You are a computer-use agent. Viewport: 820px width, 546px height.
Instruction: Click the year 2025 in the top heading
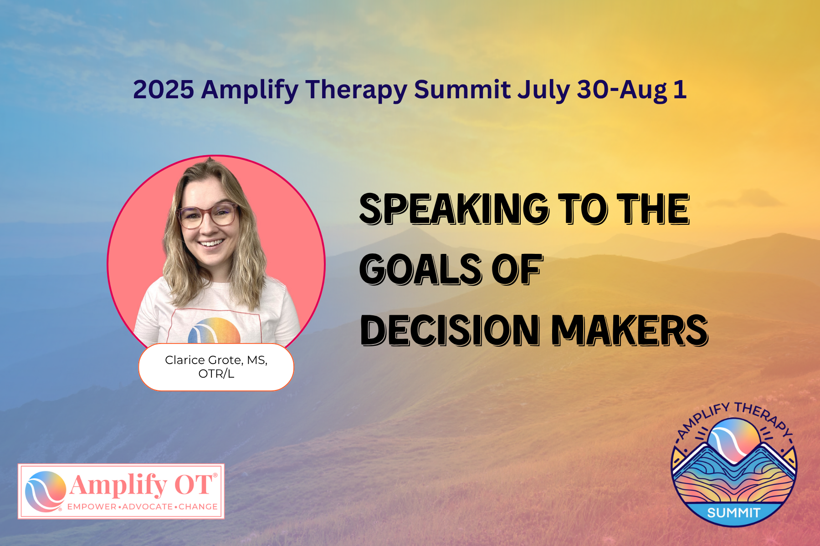[164, 90]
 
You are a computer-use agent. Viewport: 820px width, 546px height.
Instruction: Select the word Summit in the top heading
[462, 90]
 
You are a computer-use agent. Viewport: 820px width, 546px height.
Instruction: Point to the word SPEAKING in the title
[454, 209]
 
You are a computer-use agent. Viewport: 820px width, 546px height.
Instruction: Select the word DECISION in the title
[451, 330]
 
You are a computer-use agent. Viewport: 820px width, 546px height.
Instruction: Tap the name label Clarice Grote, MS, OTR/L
[216, 367]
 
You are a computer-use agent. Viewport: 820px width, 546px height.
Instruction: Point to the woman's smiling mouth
[211, 243]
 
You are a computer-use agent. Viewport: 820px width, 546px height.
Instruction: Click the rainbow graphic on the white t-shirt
[215, 330]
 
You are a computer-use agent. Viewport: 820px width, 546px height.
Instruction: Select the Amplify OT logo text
[141, 485]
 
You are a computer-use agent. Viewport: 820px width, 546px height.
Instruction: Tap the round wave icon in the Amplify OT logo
[46, 491]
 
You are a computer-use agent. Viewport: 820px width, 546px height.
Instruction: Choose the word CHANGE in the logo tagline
[198, 507]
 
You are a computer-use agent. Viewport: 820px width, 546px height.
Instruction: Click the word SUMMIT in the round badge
[733, 513]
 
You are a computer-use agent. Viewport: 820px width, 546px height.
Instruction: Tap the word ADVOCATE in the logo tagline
[148, 507]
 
